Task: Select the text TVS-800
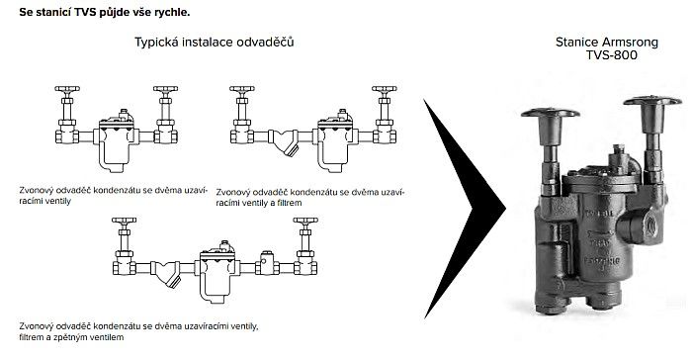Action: [x=612, y=55]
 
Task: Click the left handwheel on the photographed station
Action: [x=550, y=113]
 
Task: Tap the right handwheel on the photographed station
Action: [x=652, y=101]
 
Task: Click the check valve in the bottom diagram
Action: [x=267, y=264]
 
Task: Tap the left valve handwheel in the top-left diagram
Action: [x=67, y=89]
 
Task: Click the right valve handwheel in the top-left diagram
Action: [x=165, y=89]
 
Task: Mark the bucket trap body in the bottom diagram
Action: [x=216, y=271]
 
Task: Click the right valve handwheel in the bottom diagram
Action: [x=305, y=221]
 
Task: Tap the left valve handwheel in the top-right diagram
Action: [x=242, y=89]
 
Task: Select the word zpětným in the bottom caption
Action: [x=72, y=337]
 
